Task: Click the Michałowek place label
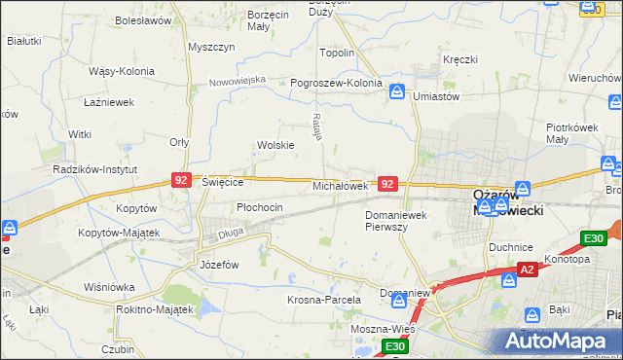340,185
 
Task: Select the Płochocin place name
260,207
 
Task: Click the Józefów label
219,265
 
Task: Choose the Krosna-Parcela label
324,300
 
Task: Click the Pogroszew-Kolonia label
336,84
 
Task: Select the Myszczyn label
207,48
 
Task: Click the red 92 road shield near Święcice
181,180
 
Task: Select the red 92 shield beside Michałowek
387,183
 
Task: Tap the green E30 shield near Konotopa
594,238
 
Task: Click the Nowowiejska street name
238,81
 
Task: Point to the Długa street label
231,232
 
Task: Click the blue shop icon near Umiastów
397,91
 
